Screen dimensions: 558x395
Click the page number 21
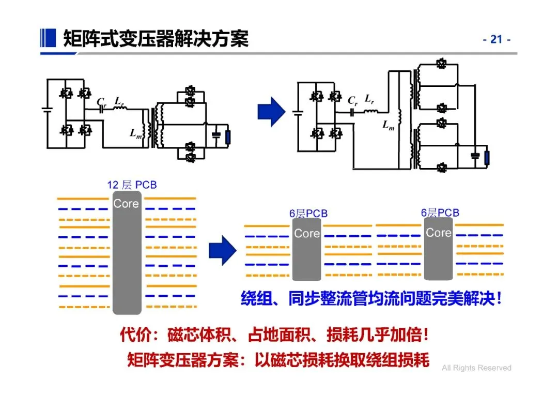coord(497,39)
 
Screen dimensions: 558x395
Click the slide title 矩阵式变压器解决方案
coord(156,38)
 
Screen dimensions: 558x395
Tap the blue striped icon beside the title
coord(48,38)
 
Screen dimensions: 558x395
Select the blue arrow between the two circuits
coord(271,112)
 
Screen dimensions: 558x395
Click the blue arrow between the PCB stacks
coord(223,250)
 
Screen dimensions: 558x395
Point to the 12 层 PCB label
coord(132,185)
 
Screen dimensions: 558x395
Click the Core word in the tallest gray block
coord(126,204)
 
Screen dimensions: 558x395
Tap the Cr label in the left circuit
coord(102,102)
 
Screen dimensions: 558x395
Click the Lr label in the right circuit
coord(369,99)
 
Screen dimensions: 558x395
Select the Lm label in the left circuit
coord(135,134)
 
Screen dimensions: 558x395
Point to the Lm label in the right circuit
coord(388,125)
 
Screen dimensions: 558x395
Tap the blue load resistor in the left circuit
coord(228,138)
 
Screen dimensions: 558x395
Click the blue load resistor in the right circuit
coord(487,158)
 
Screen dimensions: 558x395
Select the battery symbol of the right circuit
coord(298,113)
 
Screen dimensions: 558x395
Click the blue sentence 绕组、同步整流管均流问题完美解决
coord(368,298)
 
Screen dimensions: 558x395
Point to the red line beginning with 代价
coord(274,335)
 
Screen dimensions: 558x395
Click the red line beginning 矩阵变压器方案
coord(278,360)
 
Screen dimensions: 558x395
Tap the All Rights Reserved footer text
coord(476,368)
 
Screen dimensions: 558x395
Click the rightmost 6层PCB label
coord(440,213)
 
